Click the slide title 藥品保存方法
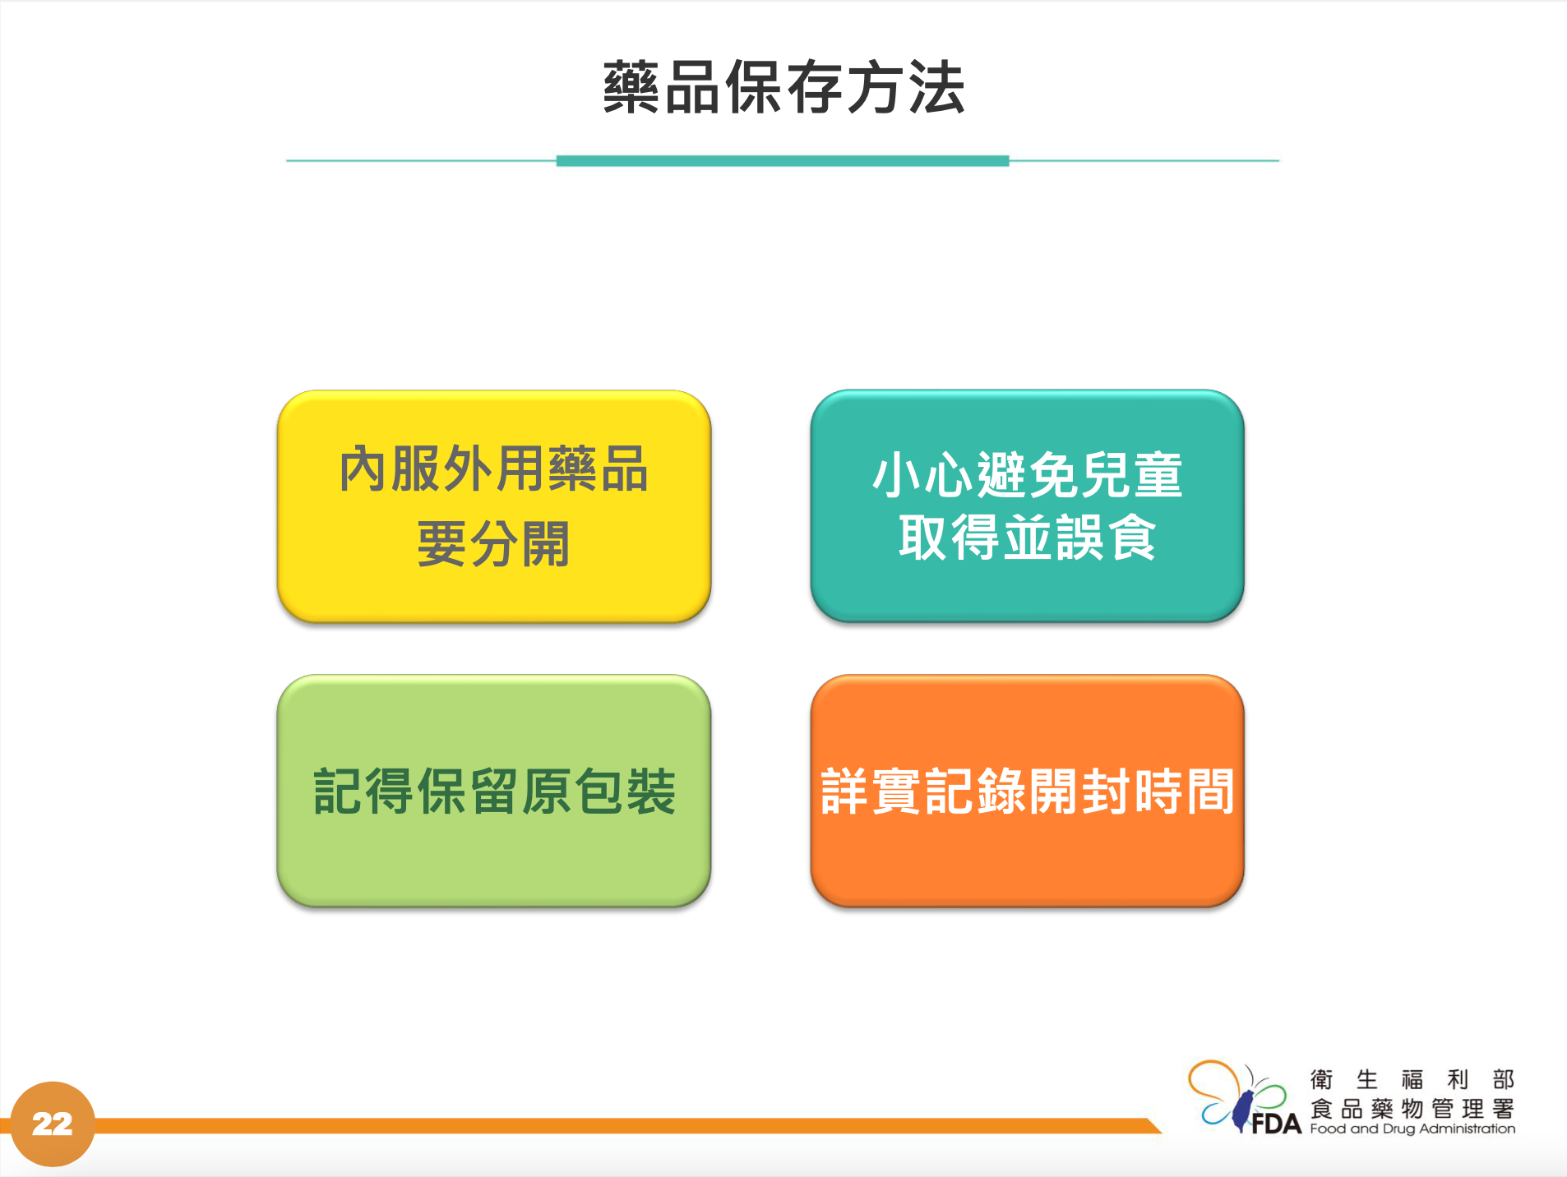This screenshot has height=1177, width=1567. click(x=783, y=87)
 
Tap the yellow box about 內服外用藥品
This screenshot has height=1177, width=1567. click(x=494, y=506)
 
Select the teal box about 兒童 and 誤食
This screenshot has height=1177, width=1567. click(x=1027, y=506)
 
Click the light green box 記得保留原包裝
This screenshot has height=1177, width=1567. click(x=494, y=791)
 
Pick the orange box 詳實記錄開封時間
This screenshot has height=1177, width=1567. click(x=1027, y=791)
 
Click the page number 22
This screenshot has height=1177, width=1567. click(x=52, y=1124)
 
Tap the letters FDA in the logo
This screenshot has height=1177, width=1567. click(x=1276, y=1124)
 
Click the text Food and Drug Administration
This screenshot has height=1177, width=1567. click(x=1412, y=1129)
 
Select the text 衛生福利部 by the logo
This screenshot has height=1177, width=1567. click(x=1412, y=1079)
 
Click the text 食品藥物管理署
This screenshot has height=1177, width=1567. click(x=1412, y=1109)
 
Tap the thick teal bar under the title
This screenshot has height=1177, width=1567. click(x=783, y=161)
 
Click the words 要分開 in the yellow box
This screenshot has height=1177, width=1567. click(x=493, y=544)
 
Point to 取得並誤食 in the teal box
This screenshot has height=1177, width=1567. click(x=1027, y=538)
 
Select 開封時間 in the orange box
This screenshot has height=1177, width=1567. click(x=1131, y=792)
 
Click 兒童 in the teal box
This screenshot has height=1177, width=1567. click(x=1131, y=475)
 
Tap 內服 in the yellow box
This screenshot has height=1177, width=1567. click(x=390, y=469)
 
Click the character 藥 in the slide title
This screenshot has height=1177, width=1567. click(x=631, y=87)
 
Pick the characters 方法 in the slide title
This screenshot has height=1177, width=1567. click(x=905, y=87)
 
